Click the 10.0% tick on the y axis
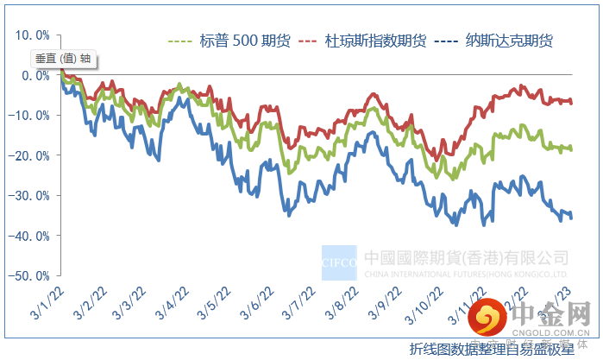coord(33,35)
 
